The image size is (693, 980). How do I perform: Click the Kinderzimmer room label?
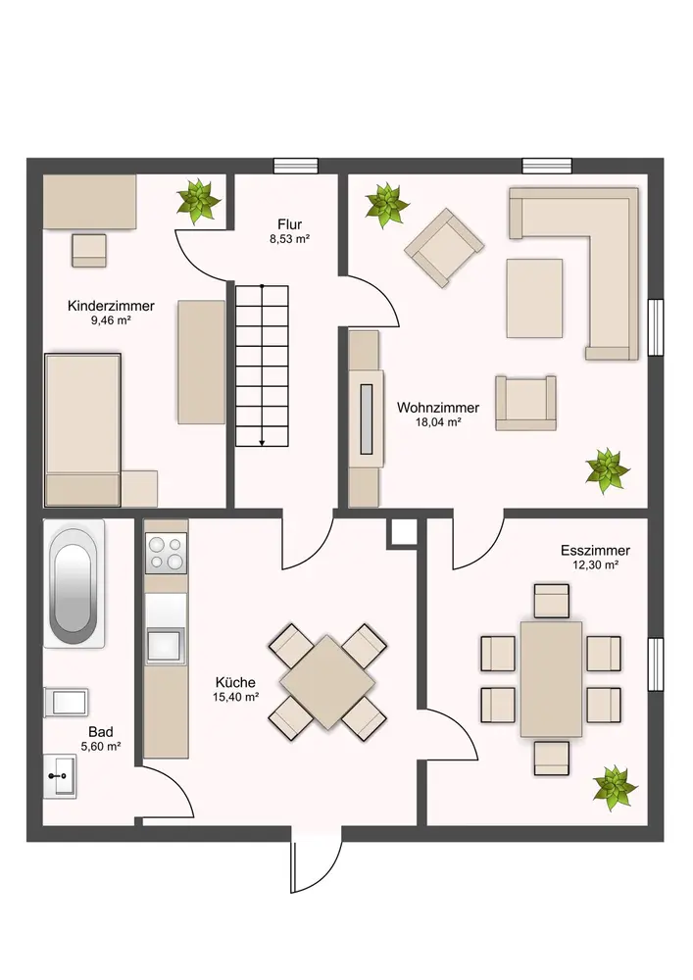[x=111, y=306]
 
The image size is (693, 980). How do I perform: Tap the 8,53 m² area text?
[x=290, y=239]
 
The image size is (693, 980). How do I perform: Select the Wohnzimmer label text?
[x=438, y=408]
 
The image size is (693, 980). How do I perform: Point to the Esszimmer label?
[x=595, y=551]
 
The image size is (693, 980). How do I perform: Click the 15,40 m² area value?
[x=235, y=697]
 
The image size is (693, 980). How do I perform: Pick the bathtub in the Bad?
[x=74, y=583]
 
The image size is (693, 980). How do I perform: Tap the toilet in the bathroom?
[x=67, y=703]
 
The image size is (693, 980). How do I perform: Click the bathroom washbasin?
[x=60, y=776]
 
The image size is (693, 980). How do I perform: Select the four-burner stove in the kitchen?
[x=166, y=553]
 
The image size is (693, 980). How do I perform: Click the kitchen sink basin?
[x=165, y=645]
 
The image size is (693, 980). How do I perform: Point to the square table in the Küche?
[x=327, y=682]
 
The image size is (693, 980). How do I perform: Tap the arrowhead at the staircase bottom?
[x=263, y=443]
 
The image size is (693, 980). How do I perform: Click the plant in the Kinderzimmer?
[x=199, y=201]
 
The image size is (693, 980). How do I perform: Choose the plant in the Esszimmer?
[x=616, y=788]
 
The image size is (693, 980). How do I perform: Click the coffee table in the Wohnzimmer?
[x=534, y=298]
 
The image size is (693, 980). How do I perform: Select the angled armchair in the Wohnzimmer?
[x=444, y=248]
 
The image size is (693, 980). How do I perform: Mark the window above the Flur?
[x=296, y=166]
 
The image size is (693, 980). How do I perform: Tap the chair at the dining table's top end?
[x=552, y=601]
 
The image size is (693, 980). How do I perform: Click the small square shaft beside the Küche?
[x=404, y=531]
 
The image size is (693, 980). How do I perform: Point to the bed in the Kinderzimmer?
[x=82, y=430]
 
